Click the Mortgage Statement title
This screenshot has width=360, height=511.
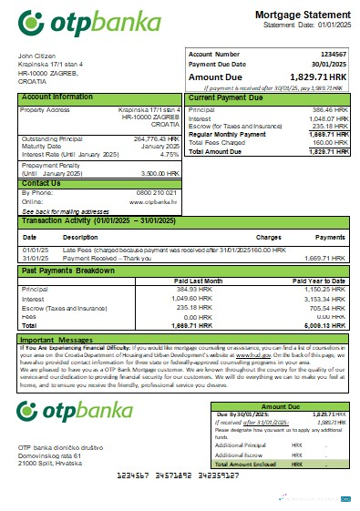(293, 16)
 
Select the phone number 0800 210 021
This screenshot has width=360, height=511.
(156, 194)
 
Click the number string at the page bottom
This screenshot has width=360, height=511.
(179, 475)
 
